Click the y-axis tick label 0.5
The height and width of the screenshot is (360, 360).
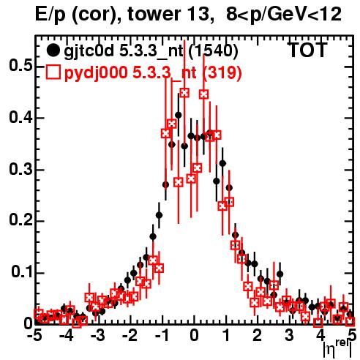[21, 66]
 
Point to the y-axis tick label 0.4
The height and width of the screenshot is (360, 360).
[21, 118]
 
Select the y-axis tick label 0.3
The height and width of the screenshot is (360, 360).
[21, 169]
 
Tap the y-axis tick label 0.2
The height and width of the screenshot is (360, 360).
[21, 220]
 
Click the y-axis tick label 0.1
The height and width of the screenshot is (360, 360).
[22, 272]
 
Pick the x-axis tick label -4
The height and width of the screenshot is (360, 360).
[67, 335]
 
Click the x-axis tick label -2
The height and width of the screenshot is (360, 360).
[130, 335]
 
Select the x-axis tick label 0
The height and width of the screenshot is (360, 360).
[194, 335]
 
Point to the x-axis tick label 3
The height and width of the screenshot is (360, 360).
[289, 335]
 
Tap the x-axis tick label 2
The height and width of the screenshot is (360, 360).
[258, 335]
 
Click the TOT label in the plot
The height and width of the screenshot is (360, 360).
[308, 50]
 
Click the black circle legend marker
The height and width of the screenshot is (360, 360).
[53, 50]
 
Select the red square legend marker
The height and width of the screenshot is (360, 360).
[53, 72]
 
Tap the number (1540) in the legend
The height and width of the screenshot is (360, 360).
[213, 51]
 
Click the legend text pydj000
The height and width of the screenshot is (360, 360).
[96, 72]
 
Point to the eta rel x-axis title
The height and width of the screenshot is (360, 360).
[337, 349]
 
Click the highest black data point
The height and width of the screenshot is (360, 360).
[179, 115]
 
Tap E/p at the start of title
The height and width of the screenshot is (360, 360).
[50, 15]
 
